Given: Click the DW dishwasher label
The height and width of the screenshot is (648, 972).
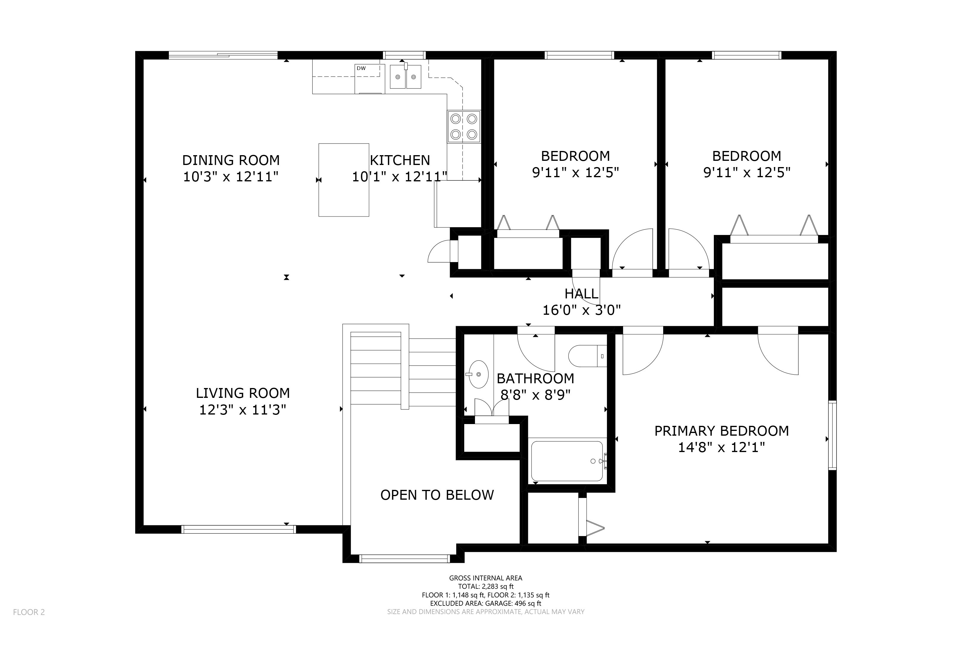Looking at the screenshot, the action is [361, 68].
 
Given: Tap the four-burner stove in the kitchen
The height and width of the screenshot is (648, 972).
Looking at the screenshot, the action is [464, 127].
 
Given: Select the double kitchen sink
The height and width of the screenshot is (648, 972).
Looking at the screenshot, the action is [405, 77].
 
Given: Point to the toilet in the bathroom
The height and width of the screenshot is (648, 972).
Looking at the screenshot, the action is [588, 356].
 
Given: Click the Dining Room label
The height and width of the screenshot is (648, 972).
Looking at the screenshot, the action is [231, 160].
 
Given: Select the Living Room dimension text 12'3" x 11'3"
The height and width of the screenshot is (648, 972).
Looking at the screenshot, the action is [243, 410].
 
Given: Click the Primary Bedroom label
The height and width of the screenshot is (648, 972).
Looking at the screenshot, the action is [722, 431].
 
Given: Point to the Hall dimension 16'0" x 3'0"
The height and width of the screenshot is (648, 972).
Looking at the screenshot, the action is [582, 310].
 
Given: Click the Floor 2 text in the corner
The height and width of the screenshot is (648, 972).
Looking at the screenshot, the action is [29, 612].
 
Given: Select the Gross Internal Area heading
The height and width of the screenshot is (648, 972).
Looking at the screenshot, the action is [486, 578].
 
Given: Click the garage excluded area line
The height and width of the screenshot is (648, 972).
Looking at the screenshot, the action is [486, 603].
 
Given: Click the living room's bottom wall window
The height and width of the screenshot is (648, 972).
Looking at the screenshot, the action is [239, 529].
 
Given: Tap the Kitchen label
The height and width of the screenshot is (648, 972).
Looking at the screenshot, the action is [400, 160].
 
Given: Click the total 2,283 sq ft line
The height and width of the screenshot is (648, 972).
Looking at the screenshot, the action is [486, 586].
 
